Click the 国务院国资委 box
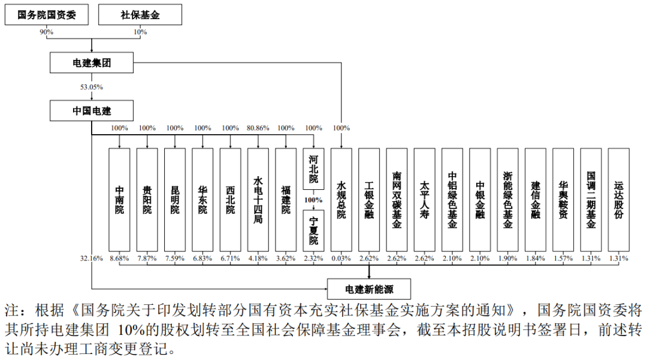[x=47, y=15]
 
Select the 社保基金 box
[x=140, y=15]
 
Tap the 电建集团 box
[x=92, y=63]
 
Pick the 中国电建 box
[x=92, y=110]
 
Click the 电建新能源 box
[x=369, y=289]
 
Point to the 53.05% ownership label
[x=92, y=87]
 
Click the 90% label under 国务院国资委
[x=47, y=32]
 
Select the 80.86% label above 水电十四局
[x=258, y=128]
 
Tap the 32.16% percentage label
[x=91, y=259]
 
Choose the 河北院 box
[x=313, y=169]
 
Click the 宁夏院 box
[x=313, y=231]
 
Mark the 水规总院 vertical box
[x=341, y=200]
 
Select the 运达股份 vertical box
[x=618, y=200]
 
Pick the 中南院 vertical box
[x=119, y=200]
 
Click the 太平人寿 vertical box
[x=425, y=200]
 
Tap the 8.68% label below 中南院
[x=119, y=259]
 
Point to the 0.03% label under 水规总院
[x=341, y=259]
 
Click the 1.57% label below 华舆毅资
[x=563, y=259]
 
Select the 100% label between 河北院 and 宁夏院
[x=313, y=200]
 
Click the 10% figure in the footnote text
[x=131, y=330]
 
